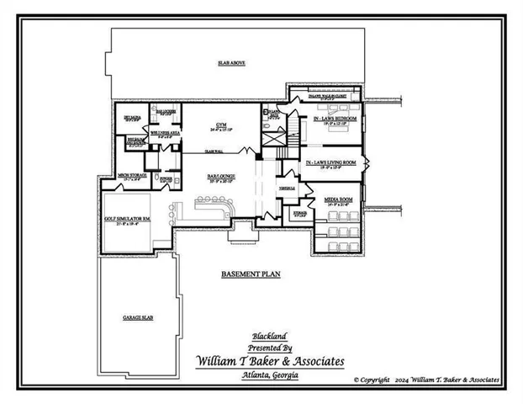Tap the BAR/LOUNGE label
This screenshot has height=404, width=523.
pyautogui.click(x=221, y=176)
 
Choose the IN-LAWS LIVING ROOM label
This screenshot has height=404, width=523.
pyautogui.click(x=330, y=162)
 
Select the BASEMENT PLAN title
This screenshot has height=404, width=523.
pyautogui.click(x=250, y=274)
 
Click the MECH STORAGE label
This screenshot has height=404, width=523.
pyautogui.click(x=133, y=175)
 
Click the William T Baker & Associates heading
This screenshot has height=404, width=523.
pyautogui.click(x=269, y=360)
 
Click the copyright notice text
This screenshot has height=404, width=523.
pyautogui.click(x=426, y=380)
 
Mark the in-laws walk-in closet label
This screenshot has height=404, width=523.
pyautogui.click(x=329, y=98)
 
